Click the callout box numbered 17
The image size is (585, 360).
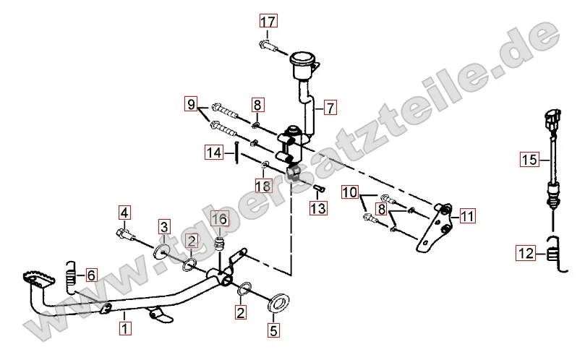click(268, 21)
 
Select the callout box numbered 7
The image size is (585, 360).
click(330, 108)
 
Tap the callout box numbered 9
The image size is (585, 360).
click(191, 104)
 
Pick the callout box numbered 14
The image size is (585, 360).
click(214, 153)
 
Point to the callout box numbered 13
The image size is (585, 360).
click(318, 207)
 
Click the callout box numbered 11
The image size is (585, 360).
click(467, 216)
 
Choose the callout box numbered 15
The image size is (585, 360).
click(529, 159)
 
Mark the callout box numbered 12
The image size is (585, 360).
click(526, 253)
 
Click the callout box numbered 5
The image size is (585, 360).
click(273, 330)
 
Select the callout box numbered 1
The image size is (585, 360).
click(125, 328)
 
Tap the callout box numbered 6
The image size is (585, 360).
click(91, 275)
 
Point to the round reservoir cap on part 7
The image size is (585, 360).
click(302, 59)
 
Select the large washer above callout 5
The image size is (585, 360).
click(278, 303)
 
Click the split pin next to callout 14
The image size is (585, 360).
click(237, 153)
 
